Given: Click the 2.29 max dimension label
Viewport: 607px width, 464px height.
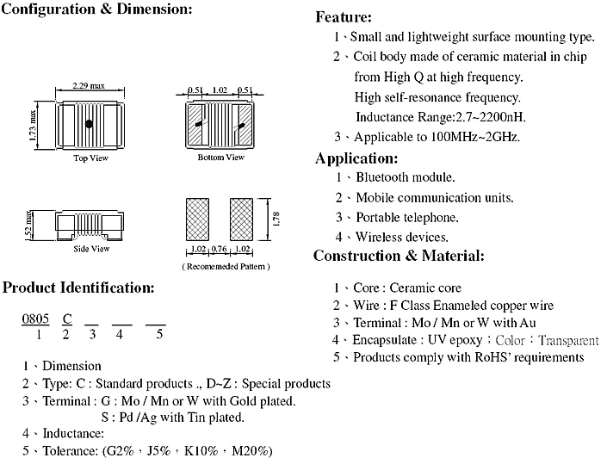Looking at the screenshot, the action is pyautogui.click(x=89, y=85).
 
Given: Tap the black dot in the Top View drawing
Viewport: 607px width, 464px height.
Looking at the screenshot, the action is pyautogui.click(x=89, y=124).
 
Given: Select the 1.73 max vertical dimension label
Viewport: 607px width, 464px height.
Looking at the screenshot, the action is pyautogui.click(x=33, y=126).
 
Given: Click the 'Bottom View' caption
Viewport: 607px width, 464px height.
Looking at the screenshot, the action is pyautogui.click(x=221, y=158).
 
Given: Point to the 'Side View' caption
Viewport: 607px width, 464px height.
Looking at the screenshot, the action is pyautogui.click(x=92, y=249).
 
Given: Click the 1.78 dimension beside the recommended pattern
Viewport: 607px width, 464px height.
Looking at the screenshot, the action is pyautogui.click(x=276, y=219).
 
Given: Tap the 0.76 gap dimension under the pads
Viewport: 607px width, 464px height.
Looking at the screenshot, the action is pyautogui.click(x=219, y=249).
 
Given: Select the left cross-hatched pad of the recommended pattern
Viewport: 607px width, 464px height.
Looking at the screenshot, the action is pyautogui.click(x=197, y=220).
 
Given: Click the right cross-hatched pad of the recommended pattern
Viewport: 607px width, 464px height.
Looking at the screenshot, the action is pyautogui.click(x=242, y=220).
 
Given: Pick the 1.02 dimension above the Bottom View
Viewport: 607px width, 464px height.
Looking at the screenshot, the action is pyautogui.click(x=220, y=90).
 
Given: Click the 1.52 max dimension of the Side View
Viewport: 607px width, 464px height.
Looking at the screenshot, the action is pyautogui.click(x=28, y=226).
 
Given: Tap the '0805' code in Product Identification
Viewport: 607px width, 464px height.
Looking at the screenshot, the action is pyautogui.click(x=35, y=319).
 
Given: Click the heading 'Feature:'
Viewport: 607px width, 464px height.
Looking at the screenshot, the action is pyautogui.click(x=344, y=17).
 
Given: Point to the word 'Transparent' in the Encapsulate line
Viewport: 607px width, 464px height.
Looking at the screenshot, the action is pyautogui.click(x=568, y=341).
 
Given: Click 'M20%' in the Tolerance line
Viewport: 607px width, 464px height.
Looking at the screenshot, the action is pyautogui.click(x=252, y=451).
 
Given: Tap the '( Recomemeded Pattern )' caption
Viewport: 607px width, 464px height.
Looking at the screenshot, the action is pyautogui.click(x=226, y=266).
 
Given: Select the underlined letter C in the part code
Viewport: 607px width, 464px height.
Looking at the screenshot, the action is pyautogui.click(x=67, y=319).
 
